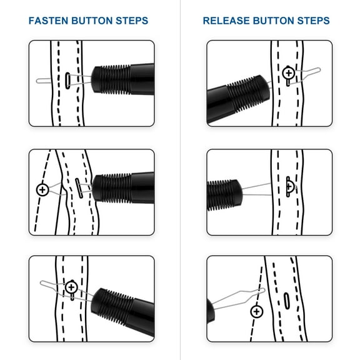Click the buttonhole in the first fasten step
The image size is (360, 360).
pos(66,80)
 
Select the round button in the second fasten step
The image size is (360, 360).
pos(42,189)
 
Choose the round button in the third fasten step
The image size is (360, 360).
pos(71,287)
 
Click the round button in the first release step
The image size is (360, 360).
pos(287,73)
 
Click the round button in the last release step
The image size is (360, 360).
pos(256,311)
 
